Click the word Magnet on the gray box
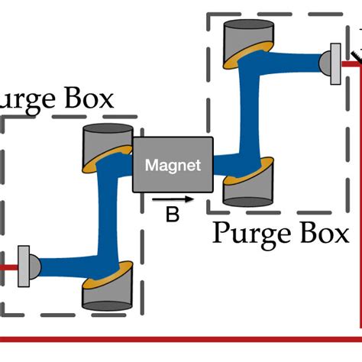[x=173, y=165]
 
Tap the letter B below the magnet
[x=173, y=215]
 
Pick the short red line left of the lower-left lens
[x=8, y=267]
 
